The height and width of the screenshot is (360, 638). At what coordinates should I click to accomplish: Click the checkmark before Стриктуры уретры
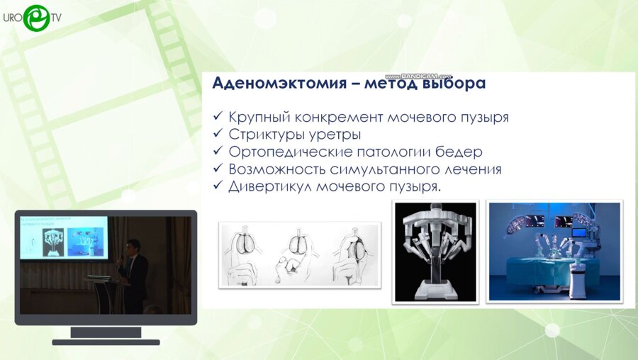point(218,135)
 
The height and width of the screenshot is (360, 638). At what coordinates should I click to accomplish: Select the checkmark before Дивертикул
point(218,187)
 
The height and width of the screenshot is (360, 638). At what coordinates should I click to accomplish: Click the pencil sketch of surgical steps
point(301,254)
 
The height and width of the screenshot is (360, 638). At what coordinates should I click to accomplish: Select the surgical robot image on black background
point(435,252)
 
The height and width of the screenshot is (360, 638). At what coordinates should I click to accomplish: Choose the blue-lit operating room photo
point(554,251)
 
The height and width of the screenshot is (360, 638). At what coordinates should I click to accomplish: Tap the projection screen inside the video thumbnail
point(64,237)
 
